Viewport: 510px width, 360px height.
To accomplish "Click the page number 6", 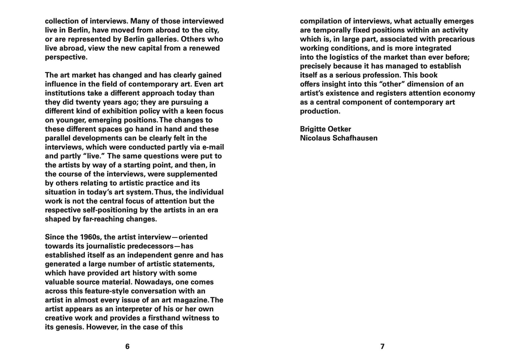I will [127, 346].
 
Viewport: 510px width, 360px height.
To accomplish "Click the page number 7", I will [382, 346].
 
